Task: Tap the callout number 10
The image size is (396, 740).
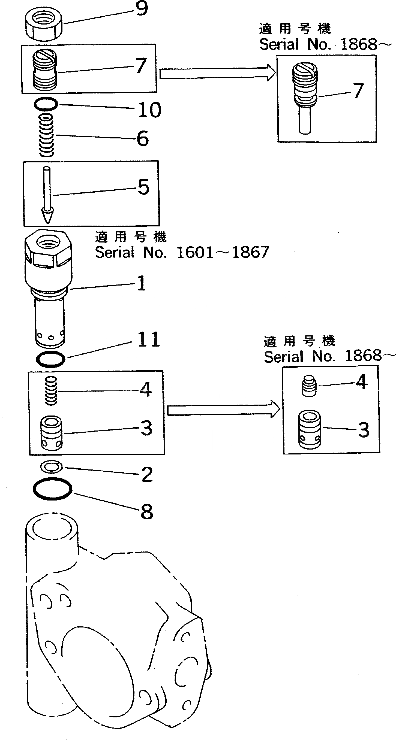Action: pos(149,110)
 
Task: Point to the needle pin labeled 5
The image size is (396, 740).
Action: pos(47,195)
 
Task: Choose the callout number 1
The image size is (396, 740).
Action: pos(141,283)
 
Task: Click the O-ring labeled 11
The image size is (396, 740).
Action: pos(51,359)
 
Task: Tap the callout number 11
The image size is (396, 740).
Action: pos(148,339)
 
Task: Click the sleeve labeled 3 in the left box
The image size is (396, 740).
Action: pos(51,433)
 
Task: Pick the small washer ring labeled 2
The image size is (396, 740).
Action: pos(52,467)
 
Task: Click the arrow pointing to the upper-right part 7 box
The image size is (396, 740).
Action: pos(217,73)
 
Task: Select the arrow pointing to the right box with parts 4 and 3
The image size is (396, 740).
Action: pos(223,410)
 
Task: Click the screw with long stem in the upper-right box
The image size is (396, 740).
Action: pos(305,98)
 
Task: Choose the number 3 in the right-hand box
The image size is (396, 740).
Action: pos(364,430)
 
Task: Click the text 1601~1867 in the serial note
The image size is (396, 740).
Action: pos(223,253)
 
